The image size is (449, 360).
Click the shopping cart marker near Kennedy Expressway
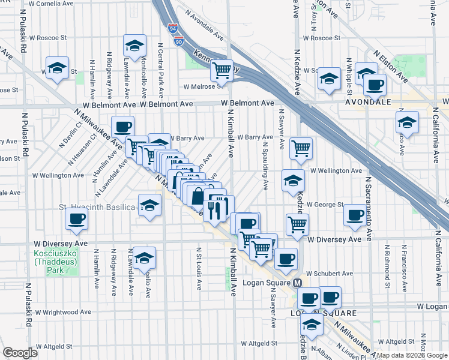tap(222, 70)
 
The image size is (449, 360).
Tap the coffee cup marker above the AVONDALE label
tap(375, 85)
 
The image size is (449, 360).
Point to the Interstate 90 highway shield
tap(179, 40)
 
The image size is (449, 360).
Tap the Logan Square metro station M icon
tap(297, 283)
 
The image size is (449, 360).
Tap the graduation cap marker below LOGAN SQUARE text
tap(312, 325)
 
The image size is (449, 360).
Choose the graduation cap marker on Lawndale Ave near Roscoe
tap(135, 45)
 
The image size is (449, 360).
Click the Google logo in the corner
tap(20, 352)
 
